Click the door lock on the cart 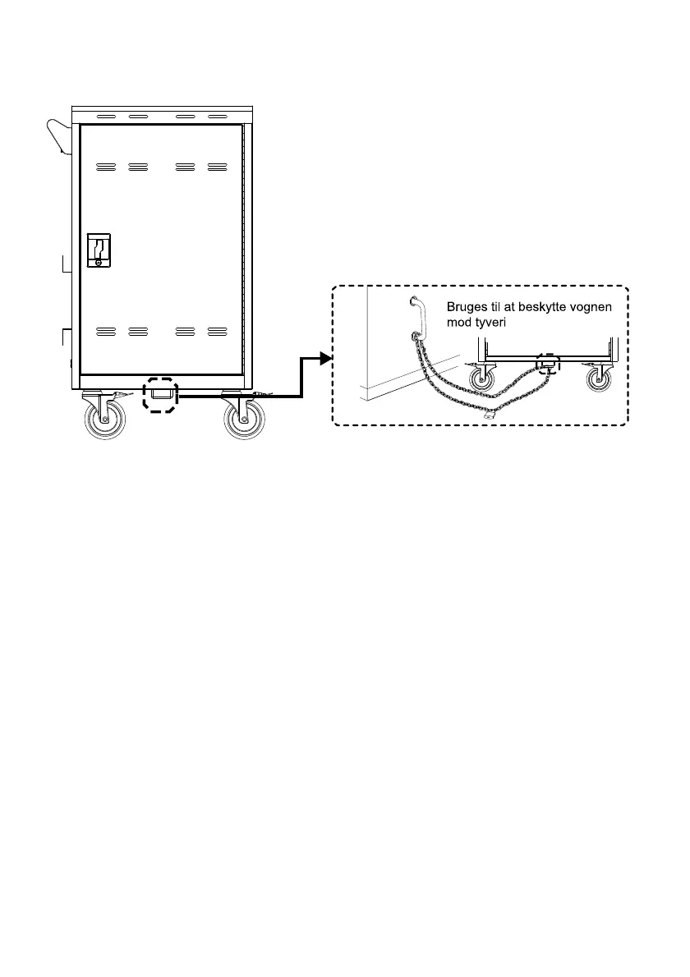point(99,250)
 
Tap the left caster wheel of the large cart point(106,418)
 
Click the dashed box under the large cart point(161,395)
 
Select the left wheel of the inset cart point(481,378)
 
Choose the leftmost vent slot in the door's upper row point(106,167)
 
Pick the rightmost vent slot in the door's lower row point(217,331)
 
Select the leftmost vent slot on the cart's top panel point(107,117)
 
